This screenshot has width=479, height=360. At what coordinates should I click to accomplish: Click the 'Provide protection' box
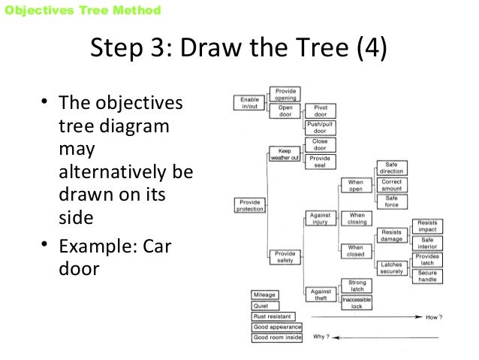(x=249, y=204)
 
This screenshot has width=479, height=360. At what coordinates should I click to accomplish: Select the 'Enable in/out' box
(x=249, y=102)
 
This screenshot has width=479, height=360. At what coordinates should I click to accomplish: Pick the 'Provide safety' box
(x=285, y=258)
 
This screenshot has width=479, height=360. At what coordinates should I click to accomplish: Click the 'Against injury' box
(x=319, y=218)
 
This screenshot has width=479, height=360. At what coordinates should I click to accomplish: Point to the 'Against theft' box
(x=320, y=294)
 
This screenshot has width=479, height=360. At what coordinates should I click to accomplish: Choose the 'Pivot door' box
(x=319, y=111)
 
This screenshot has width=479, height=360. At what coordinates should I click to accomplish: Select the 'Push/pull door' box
(x=319, y=127)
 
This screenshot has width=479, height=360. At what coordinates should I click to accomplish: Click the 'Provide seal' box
(x=319, y=162)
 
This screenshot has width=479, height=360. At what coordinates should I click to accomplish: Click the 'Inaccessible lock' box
(x=355, y=302)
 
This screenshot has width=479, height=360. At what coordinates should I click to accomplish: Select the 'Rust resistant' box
(x=273, y=316)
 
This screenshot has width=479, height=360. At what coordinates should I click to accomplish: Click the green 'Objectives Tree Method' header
(x=82, y=11)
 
